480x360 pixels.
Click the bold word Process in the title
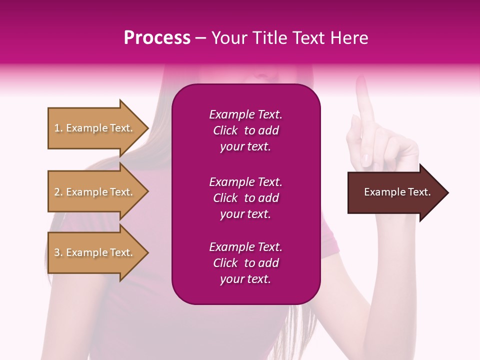[x=157, y=38]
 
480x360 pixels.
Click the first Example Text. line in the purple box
[x=245, y=114]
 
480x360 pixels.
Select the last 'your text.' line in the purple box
[x=245, y=279]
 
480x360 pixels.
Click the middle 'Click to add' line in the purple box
[x=245, y=198]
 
